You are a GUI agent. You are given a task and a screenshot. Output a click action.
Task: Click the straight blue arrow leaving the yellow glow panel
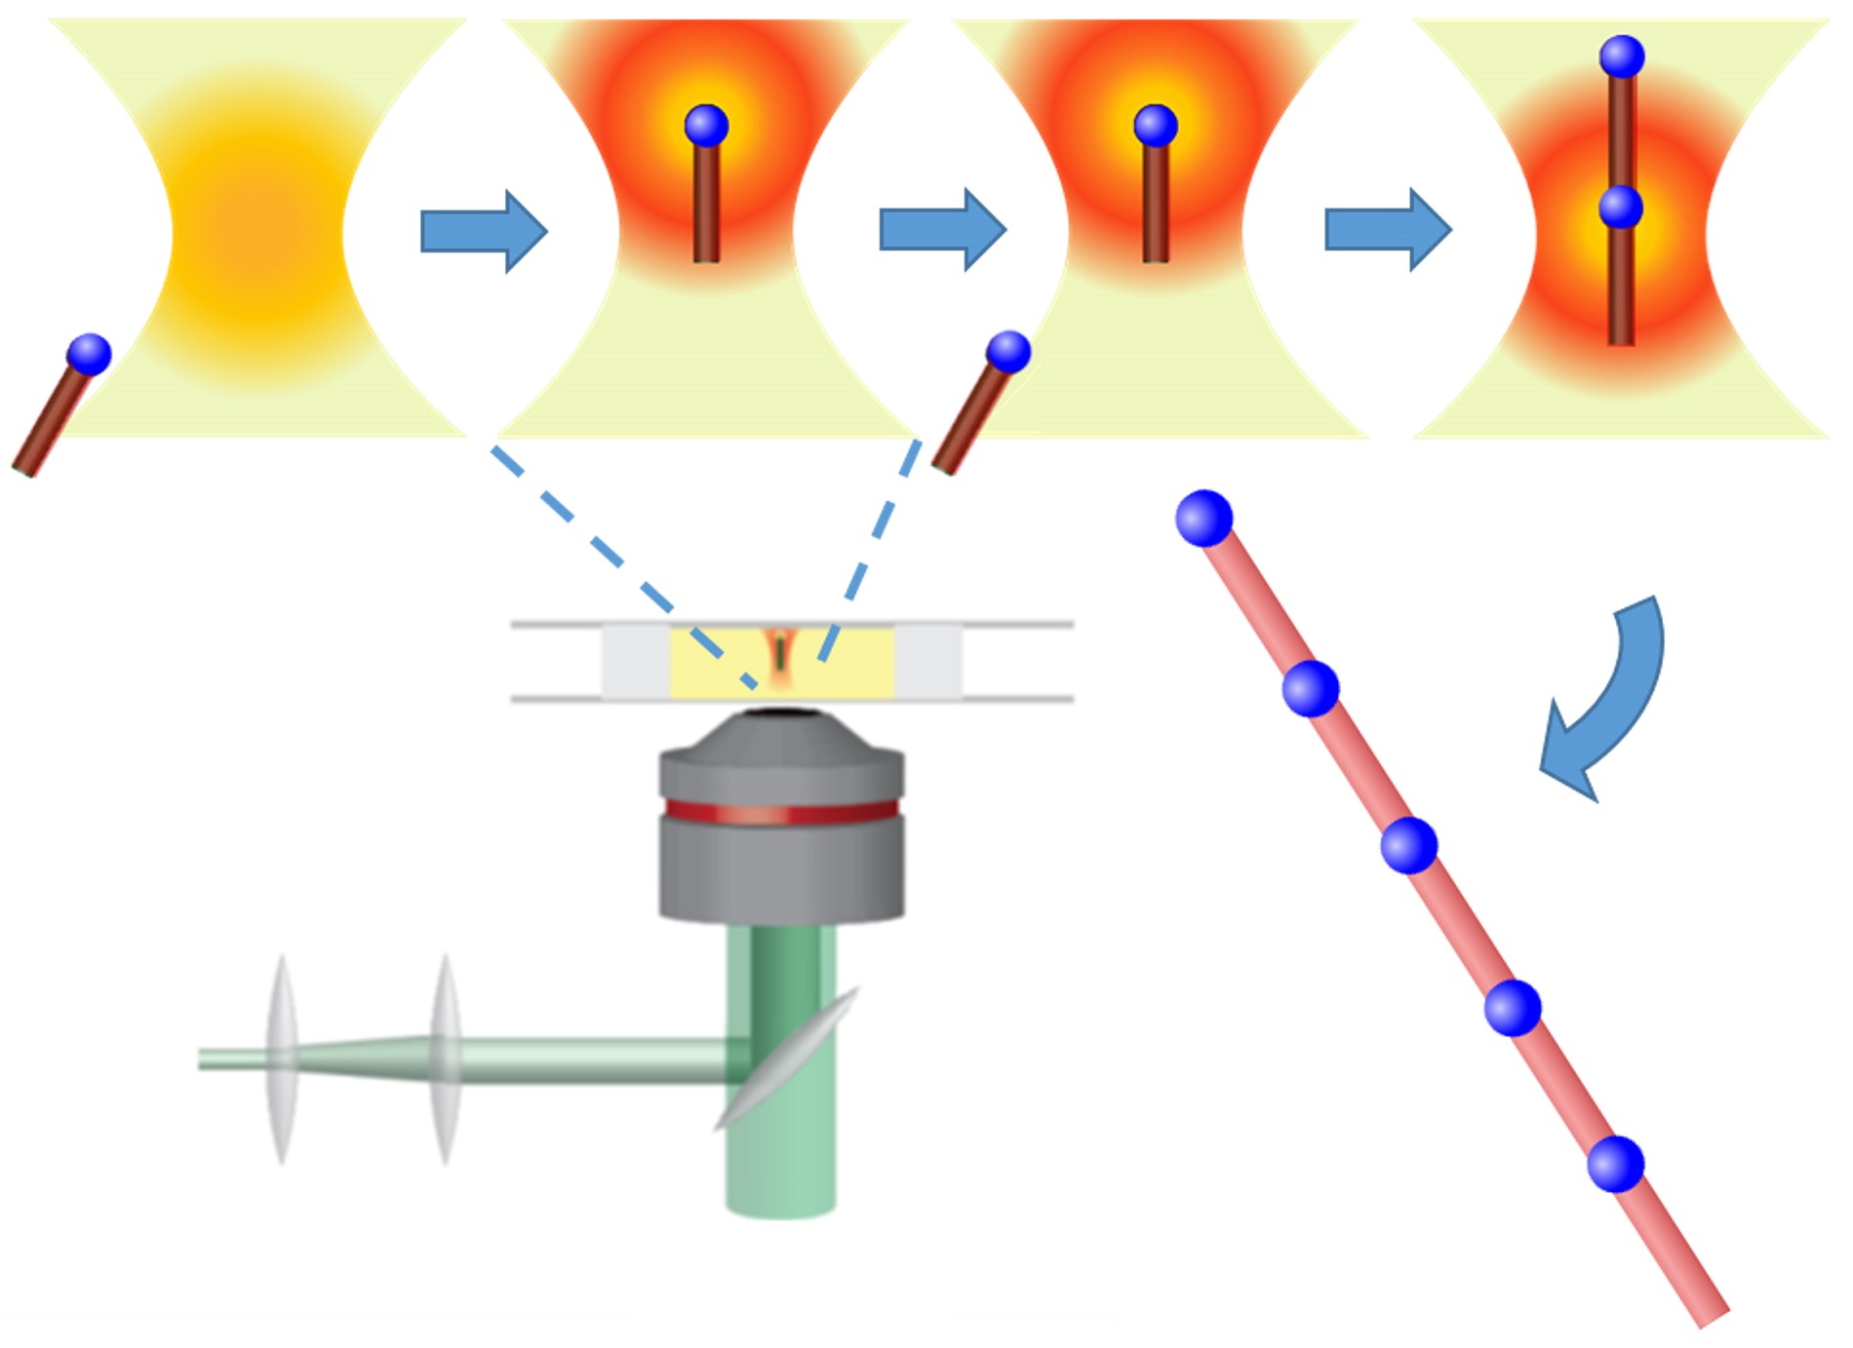(483, 231)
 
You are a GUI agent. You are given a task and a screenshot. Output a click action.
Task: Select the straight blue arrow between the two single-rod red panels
(941, 230)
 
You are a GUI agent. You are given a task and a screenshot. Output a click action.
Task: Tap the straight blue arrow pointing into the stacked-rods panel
(1387, 230)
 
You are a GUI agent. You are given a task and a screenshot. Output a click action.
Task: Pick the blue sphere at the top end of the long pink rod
(1204, 518)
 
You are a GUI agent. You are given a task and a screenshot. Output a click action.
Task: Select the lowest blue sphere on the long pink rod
(1616, 1164)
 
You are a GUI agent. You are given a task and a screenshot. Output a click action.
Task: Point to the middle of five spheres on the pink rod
(1409, 845)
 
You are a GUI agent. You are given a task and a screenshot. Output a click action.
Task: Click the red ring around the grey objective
(781, 812)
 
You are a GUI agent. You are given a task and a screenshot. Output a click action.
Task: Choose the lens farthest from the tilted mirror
(282, 1059)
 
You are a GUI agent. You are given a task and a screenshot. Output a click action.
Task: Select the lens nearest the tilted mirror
(446, 1059)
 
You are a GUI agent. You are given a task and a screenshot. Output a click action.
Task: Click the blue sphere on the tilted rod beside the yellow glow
(90, 354)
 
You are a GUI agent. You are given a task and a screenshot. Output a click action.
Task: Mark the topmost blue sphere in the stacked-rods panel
(1622, 57)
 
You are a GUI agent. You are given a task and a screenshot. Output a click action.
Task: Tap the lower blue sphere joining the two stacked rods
(1621, 208)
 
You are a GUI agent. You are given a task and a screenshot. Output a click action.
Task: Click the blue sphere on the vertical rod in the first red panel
(706, 126)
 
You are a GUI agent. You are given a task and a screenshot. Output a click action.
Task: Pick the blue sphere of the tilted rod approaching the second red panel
(1008, 352)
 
